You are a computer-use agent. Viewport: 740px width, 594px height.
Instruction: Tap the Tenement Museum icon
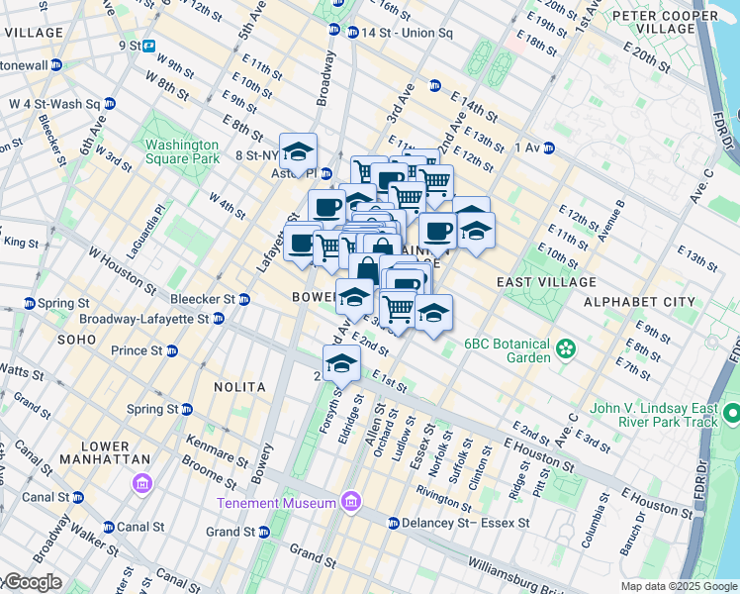(348, 503)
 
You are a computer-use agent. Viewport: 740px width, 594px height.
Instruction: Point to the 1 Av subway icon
(548, 148)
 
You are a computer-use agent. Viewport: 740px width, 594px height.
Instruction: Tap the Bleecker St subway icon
(243, 299)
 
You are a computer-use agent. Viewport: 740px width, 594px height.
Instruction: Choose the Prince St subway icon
(172, 350)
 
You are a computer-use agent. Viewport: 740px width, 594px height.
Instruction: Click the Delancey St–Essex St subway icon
(393, 523)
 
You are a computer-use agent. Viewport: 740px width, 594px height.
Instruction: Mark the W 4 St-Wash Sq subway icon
(109, 103)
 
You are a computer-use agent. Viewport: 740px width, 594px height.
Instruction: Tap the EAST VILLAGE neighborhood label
(535, 282)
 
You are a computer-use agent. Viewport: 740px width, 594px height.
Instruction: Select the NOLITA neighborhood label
(236, 386)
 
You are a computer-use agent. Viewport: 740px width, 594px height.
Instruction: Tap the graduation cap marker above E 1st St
(341, 362)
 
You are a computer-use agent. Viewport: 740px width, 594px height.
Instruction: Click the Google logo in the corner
(32, 583)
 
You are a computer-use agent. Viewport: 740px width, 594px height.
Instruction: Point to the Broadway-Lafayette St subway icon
(218, 319)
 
